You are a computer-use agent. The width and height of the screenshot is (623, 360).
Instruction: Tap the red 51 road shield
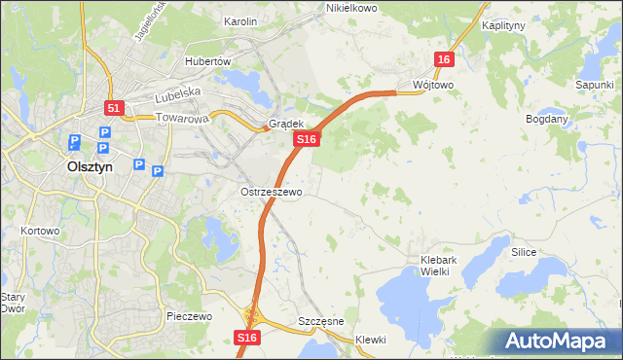(114, 108)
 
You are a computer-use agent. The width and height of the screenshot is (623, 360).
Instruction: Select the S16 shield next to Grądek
(307, 140)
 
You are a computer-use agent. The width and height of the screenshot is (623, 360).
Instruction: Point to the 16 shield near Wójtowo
(444, 59)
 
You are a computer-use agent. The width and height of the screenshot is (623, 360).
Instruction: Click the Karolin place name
(239, 20)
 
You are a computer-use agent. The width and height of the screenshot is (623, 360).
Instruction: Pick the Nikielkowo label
(350, 8)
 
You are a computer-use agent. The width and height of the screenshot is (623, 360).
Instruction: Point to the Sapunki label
(593, 86)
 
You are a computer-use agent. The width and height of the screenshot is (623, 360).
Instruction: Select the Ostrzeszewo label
(272, 192)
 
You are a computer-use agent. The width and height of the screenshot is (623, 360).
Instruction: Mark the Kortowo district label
(40, 231)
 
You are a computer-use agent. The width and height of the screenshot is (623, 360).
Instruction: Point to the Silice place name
(524, 251)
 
